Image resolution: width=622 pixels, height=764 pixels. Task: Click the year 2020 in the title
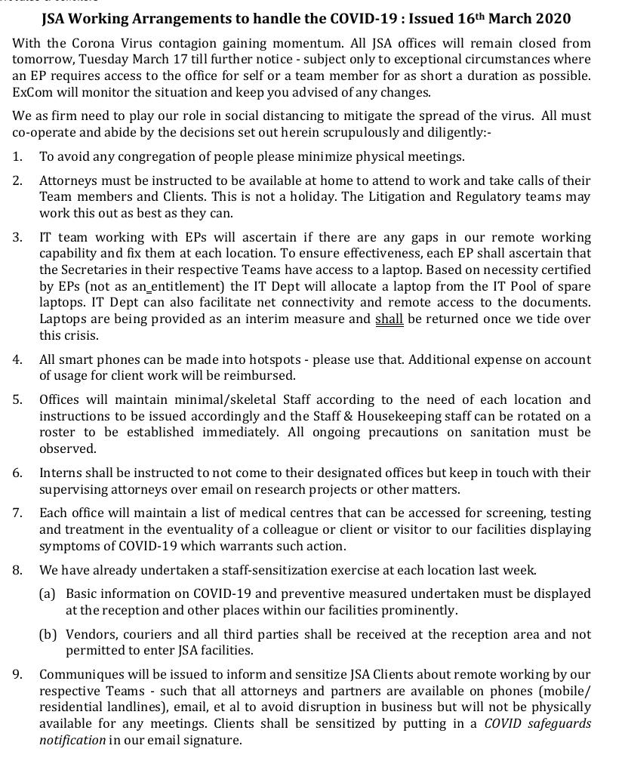point(551,18)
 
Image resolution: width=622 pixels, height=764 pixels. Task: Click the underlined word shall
point(389,319)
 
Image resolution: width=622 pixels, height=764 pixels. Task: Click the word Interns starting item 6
point(59,473)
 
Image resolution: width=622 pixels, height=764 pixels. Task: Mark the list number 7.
point(17,513)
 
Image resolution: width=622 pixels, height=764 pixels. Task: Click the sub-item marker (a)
point(48,593)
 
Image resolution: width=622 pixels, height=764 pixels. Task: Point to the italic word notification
point(72,740)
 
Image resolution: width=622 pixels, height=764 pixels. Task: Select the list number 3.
point(17,237)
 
